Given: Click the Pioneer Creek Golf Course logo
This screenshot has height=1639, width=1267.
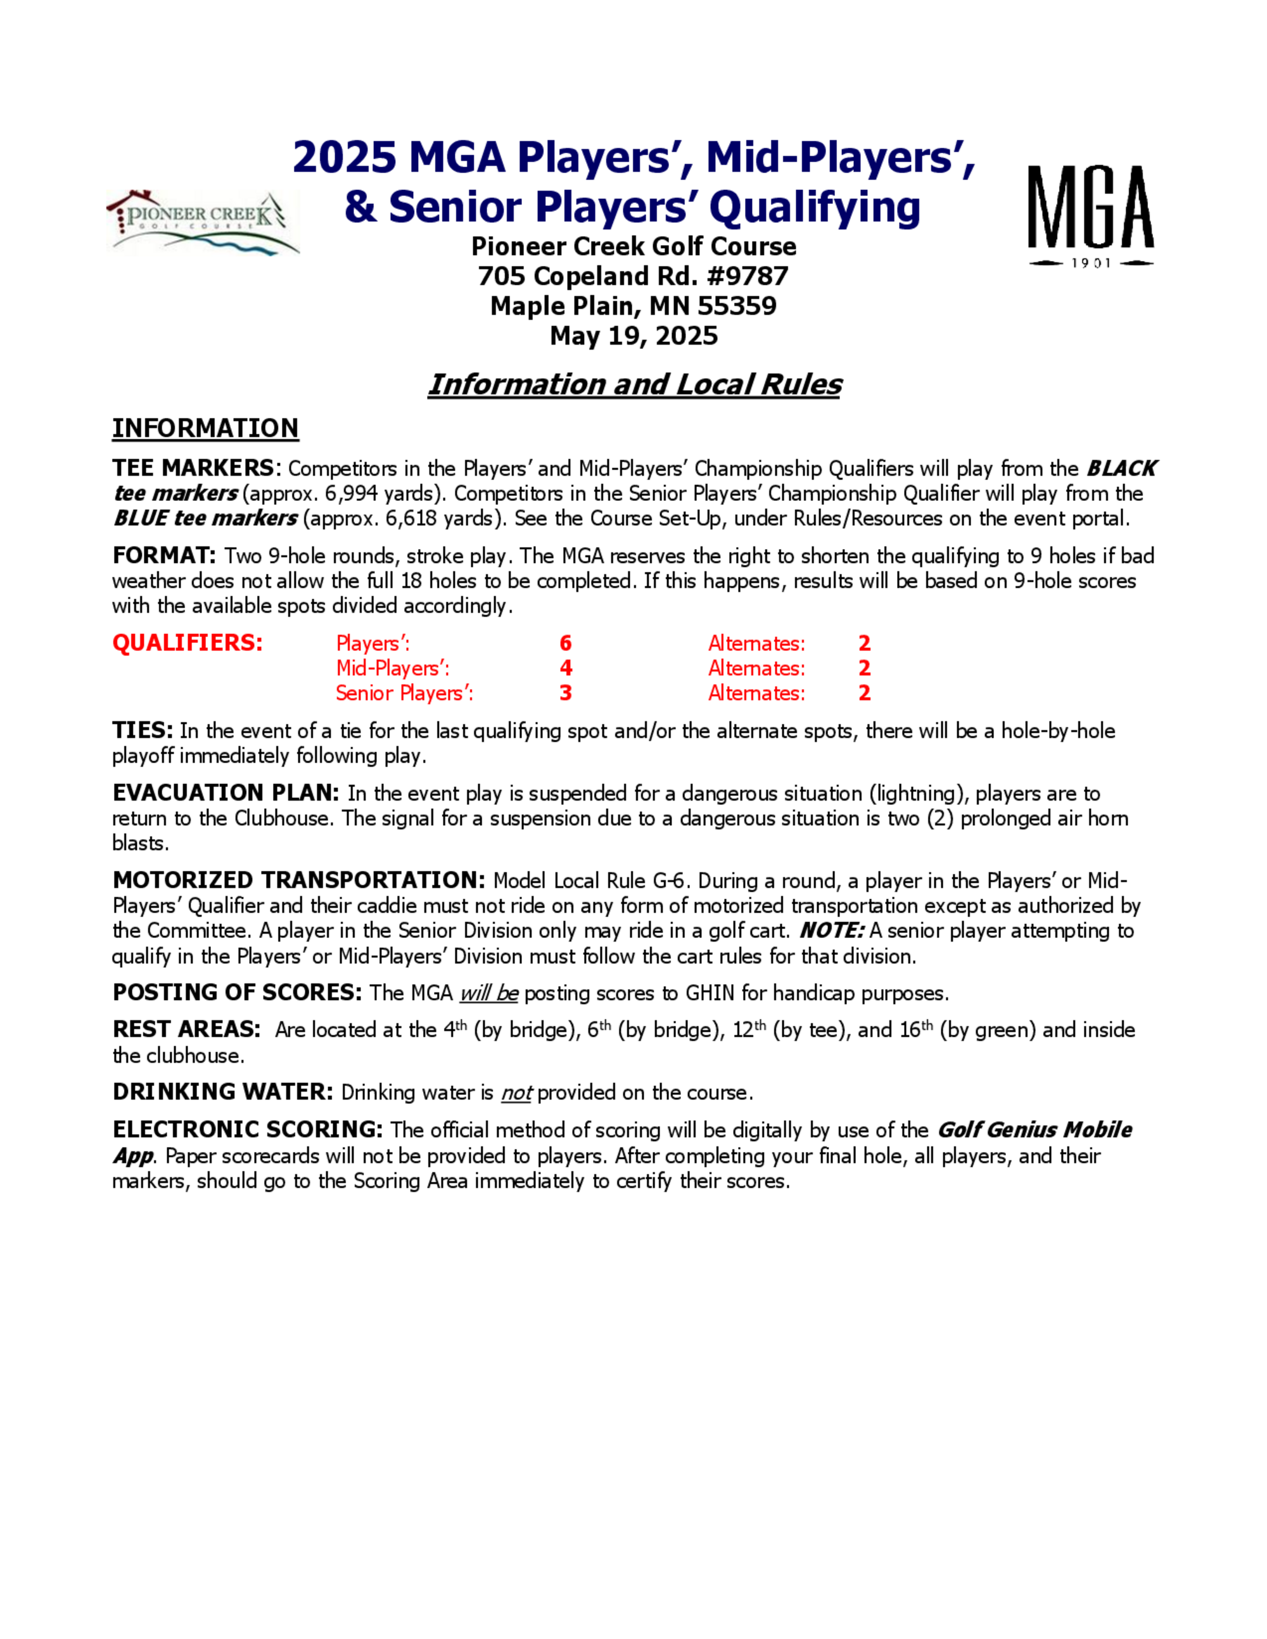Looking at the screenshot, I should click(203, 222).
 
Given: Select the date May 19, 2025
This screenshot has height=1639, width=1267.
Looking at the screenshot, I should click(633, 336).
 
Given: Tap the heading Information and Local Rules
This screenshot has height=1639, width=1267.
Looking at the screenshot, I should click(634, 384).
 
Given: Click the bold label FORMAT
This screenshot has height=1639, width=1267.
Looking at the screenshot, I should click(163, 556).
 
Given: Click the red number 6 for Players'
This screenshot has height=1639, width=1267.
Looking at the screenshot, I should click(565, 643).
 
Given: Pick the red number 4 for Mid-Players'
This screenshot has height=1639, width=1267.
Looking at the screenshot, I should click(565, 668).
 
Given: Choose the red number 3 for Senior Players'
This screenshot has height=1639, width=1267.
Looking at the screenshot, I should click(565, 693).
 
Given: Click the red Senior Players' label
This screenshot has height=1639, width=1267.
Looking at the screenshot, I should click(404, 693).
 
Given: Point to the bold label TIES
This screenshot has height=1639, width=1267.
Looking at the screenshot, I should click(143, 730).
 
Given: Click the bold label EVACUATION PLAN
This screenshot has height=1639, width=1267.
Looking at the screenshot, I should click(225, 794).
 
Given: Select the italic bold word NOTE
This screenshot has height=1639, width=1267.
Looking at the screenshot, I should click(831, 930).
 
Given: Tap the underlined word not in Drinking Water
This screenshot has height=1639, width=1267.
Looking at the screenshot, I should click(516, 1092).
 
